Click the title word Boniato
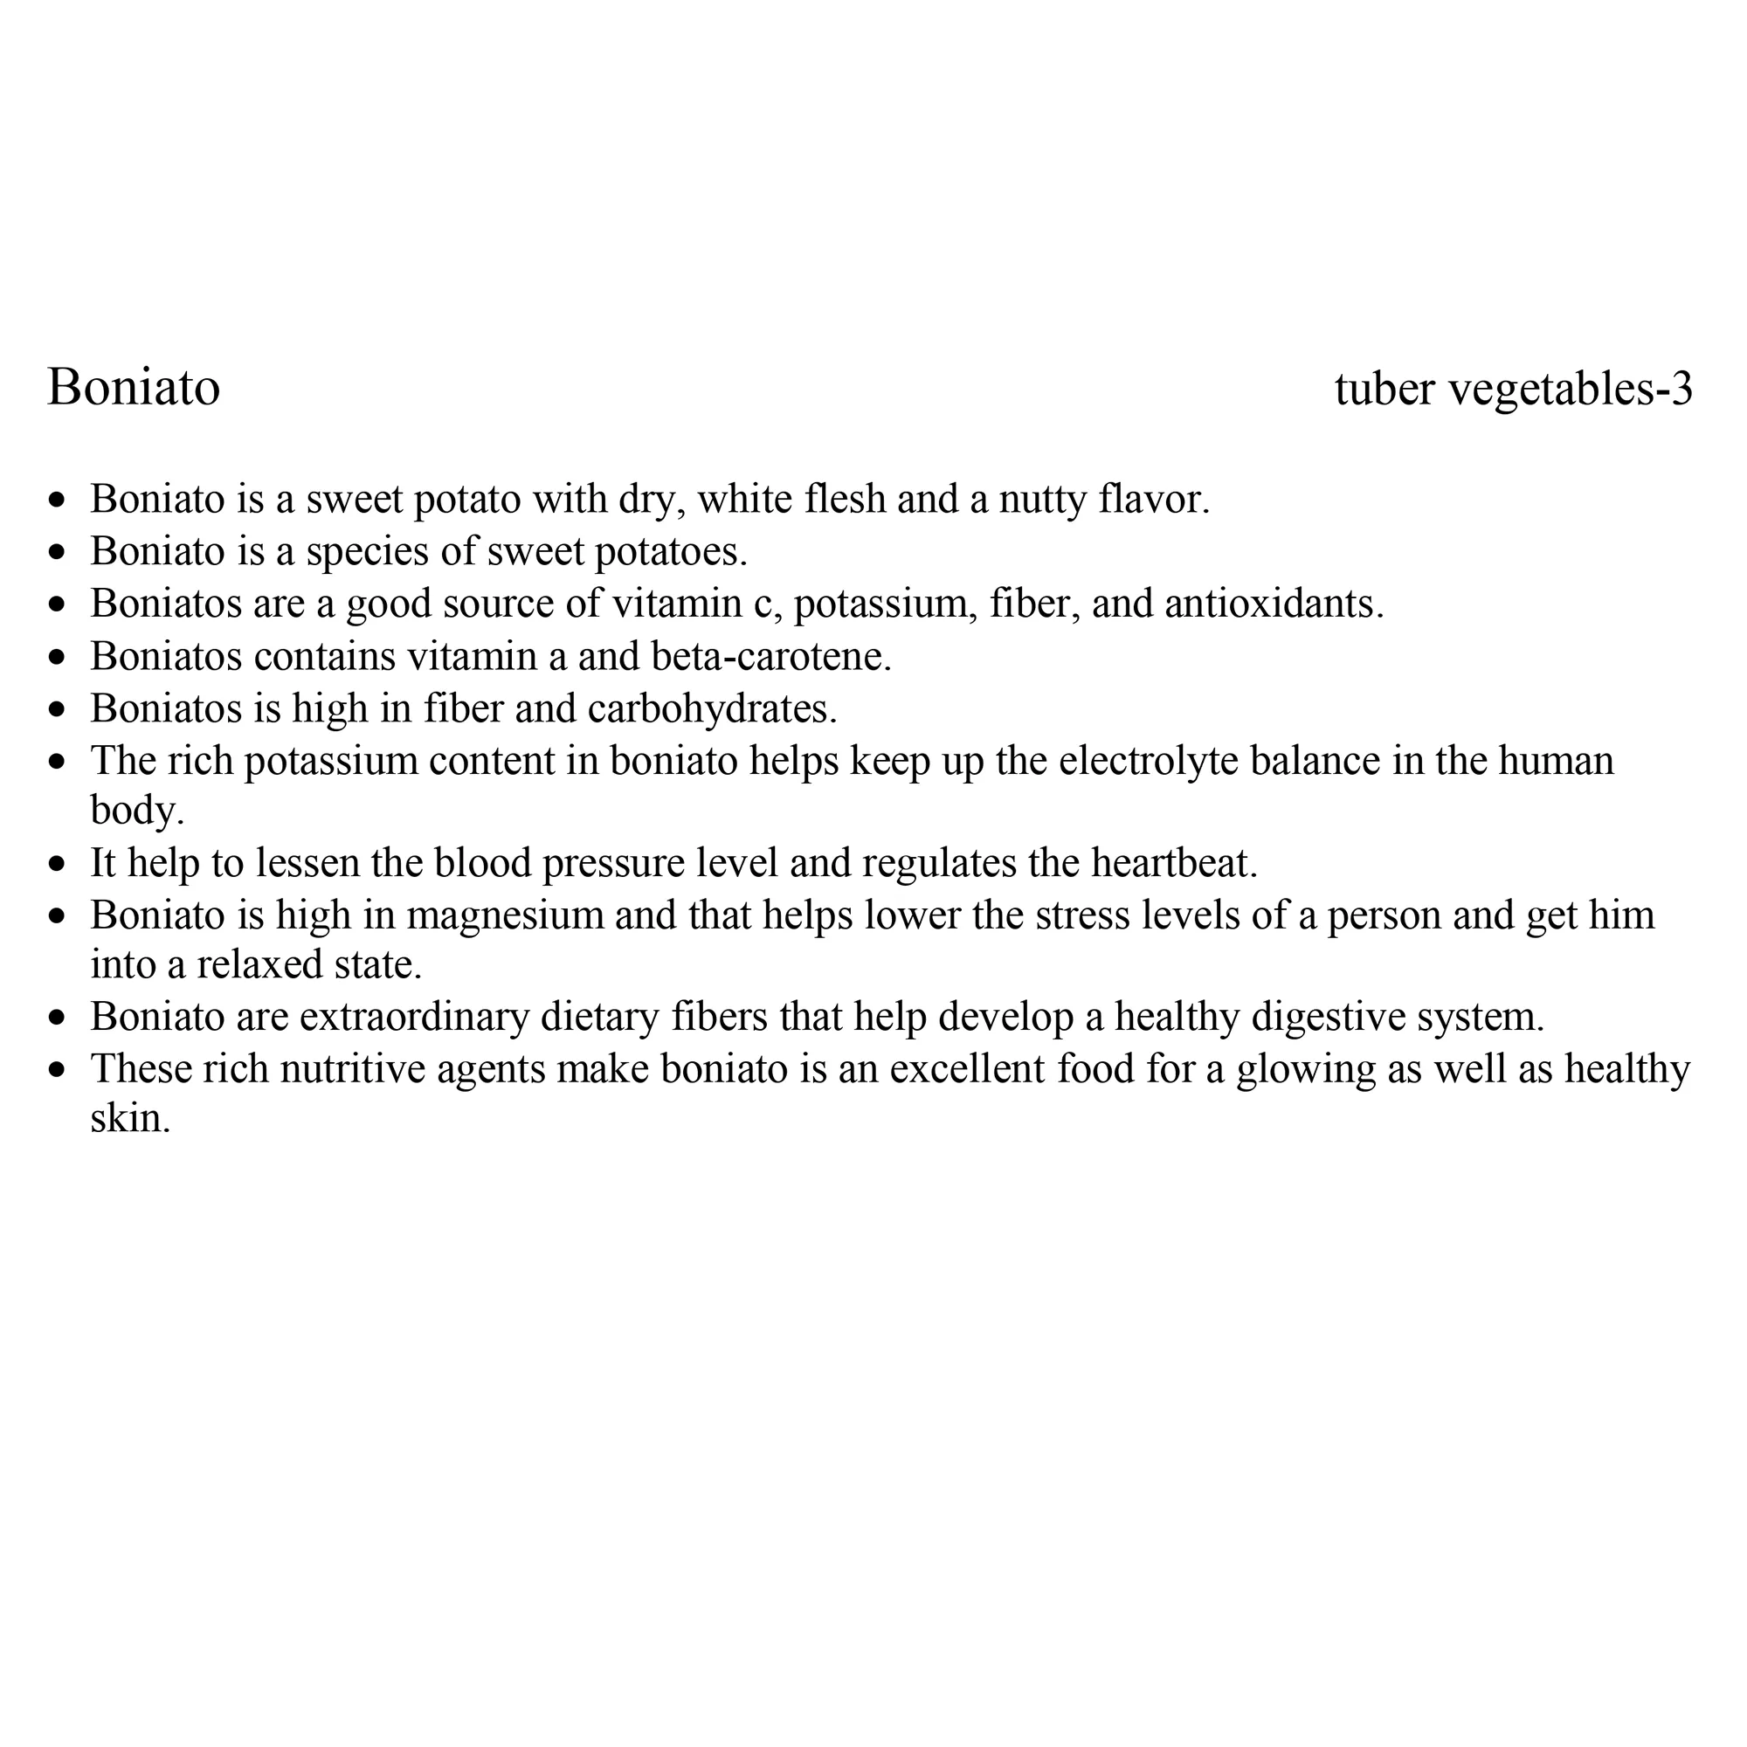(x=134, y=388)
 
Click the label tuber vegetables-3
(x=1513, y=389)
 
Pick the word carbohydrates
(x=712, y=708)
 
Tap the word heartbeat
(x=1174, y=863)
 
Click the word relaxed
(x=259, y=965)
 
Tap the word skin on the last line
(x=129, y=1120)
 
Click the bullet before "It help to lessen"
(x=59, y=865)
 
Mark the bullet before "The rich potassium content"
(x=59, y=763)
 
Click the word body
(x=135, y=811)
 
